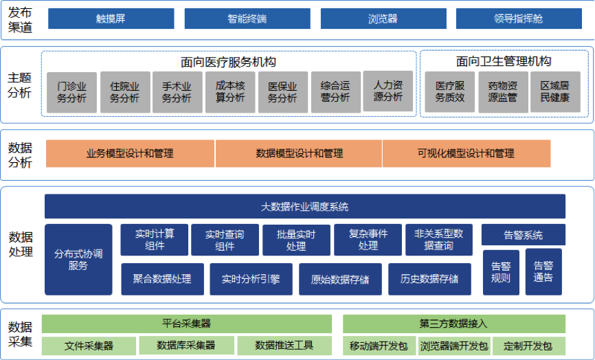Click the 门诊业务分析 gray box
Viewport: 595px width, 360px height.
click(x=72, y=92)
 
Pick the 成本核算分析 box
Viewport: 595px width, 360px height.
click(x=230, y=92)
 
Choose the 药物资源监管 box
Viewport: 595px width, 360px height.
click(x=503, y=92)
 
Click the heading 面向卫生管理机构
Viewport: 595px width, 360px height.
click(x=503, y=62)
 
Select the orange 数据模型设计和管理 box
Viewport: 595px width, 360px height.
click(x=299, y=153)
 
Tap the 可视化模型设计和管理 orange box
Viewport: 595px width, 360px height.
click(x=466, y=153)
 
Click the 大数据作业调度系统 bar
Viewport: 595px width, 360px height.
click(x=305, y=206)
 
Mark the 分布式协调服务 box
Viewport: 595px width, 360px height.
click(x=78, y=259)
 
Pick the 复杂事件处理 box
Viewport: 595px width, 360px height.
click(x=368, y=239)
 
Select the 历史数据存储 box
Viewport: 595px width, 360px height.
click(x=429, y=279)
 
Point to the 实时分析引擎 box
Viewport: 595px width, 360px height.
click(x=251, y=279)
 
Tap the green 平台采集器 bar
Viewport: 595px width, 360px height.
click(x=186, y=323)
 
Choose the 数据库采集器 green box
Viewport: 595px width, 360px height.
click(x=186, y=345)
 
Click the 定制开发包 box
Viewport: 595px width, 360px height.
click(x=527, y=345)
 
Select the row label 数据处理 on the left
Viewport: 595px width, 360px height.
click(x=21, y=245)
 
